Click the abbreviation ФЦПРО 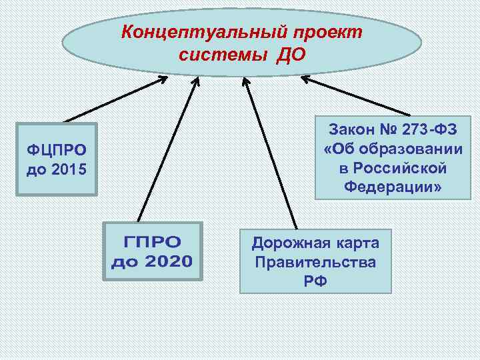pos(57,149)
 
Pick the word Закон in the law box pos(351,131)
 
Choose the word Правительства pos(315,261)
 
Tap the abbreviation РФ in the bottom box pos(315,281)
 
